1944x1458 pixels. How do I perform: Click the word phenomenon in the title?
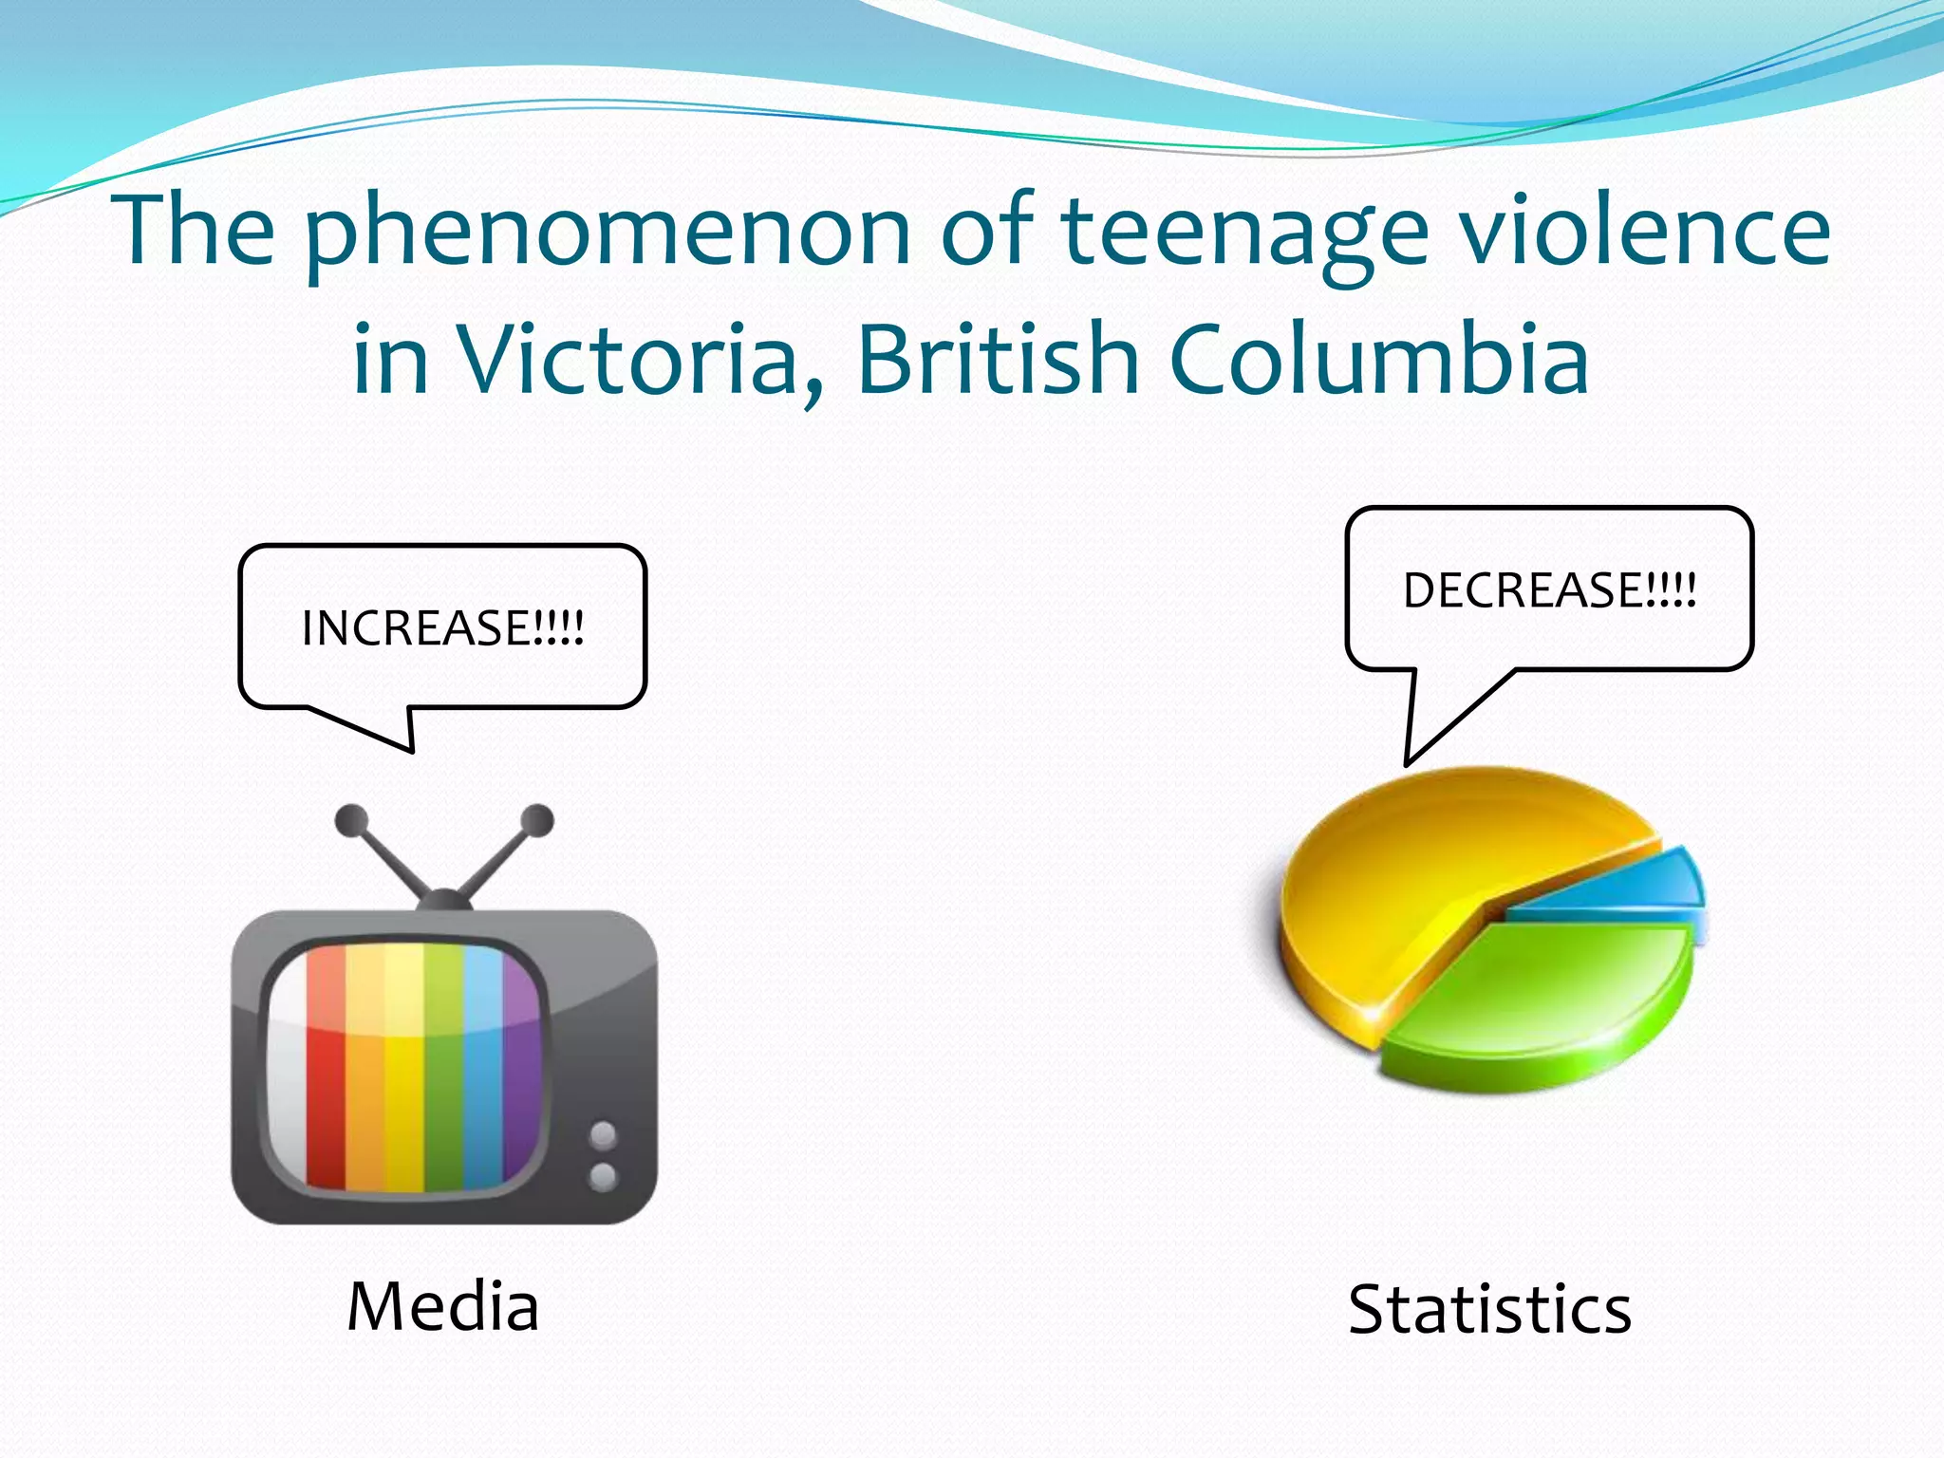coord(607,233)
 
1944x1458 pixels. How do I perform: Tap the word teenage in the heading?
coord(1243,233)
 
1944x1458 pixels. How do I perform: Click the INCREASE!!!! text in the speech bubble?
coord(442,627)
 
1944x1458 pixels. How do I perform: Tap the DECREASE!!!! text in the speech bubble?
coord(1549,589)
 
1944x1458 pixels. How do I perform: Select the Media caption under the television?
coord(443,1306)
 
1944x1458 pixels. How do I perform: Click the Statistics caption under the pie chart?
coord(1489,1310)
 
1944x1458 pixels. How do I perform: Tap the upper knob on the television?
coord(603,1134)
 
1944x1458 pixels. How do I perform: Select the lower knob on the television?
coord(603,1177)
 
